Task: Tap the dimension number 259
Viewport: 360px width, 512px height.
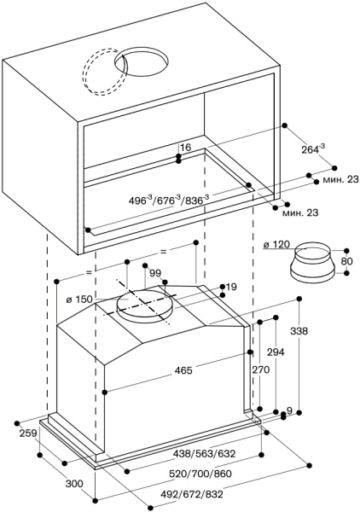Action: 26,434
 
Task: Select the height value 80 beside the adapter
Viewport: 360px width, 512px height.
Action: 345,261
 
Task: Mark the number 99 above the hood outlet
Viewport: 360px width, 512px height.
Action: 155,272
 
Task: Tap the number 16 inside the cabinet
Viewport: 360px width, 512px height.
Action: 185,148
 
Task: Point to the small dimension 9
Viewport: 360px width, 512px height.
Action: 289,411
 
